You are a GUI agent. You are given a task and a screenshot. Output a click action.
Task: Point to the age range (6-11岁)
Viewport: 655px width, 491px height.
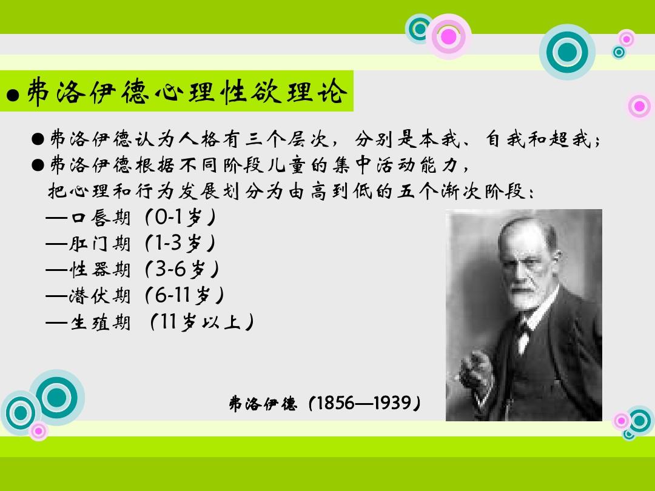pyautogui.click(x=184, y=295)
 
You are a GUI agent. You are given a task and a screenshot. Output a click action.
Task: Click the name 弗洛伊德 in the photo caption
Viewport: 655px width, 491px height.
pyautogui.click(x=263, y=404)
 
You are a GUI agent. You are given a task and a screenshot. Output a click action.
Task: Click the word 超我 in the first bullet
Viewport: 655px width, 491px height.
pyautogui.click(x=577, y=139)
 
